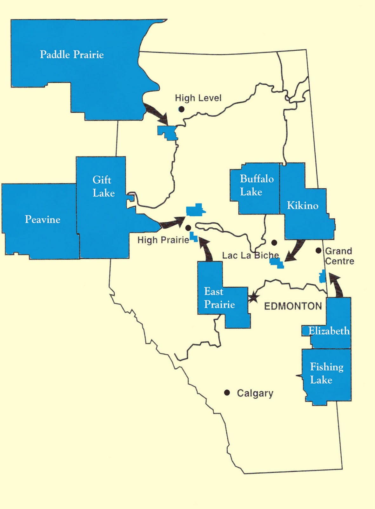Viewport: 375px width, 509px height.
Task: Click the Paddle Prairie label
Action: (72, 55)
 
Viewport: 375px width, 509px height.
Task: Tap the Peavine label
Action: (43, 220)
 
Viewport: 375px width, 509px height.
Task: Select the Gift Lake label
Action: (103, 186)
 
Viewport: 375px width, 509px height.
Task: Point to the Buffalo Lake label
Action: (257, 185)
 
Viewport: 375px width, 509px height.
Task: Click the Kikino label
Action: (302, 206)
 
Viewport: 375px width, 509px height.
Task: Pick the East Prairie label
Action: (219, 298)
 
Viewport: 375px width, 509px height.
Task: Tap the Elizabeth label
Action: (329, 331)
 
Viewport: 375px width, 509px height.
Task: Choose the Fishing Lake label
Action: (326, 373)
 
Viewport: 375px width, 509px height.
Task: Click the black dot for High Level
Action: (181, 109)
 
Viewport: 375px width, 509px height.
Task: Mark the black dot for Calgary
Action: (227, 393)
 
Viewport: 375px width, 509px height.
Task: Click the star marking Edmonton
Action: (253, 298)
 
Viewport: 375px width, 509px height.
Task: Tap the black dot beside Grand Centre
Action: (318, 251)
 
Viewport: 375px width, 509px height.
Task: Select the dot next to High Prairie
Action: (188, 228)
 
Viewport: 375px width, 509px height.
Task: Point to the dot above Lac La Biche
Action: (274, 243)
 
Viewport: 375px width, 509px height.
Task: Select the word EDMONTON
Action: (293, 306)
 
